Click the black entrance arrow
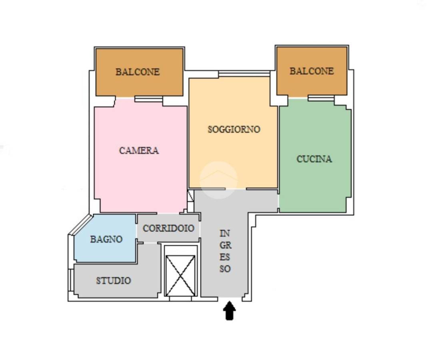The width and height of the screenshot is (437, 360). [229, 311]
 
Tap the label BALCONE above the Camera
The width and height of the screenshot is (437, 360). [138, 72]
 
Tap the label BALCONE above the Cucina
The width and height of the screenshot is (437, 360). [311, 71]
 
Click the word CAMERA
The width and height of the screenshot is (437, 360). [139, 150]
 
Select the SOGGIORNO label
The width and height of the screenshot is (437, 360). [234, 129]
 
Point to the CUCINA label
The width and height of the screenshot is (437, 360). [314, 159]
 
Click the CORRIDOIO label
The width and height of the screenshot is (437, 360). [168, 228]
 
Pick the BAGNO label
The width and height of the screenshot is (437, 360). [106, 239]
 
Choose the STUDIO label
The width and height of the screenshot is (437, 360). [114, 280]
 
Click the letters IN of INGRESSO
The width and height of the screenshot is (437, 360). [225, 233]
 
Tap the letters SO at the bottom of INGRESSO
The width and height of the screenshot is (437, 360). [225, 269]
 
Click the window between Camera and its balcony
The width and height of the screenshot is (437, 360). [149, 99]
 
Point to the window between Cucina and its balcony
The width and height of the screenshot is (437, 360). [321, 98]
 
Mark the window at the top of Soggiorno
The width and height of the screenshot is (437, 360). [244, 74]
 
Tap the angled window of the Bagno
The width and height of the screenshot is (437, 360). [80, 224]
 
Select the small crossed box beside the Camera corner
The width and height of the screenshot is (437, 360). [191, 196]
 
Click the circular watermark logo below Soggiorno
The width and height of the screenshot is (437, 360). [218, 180]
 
